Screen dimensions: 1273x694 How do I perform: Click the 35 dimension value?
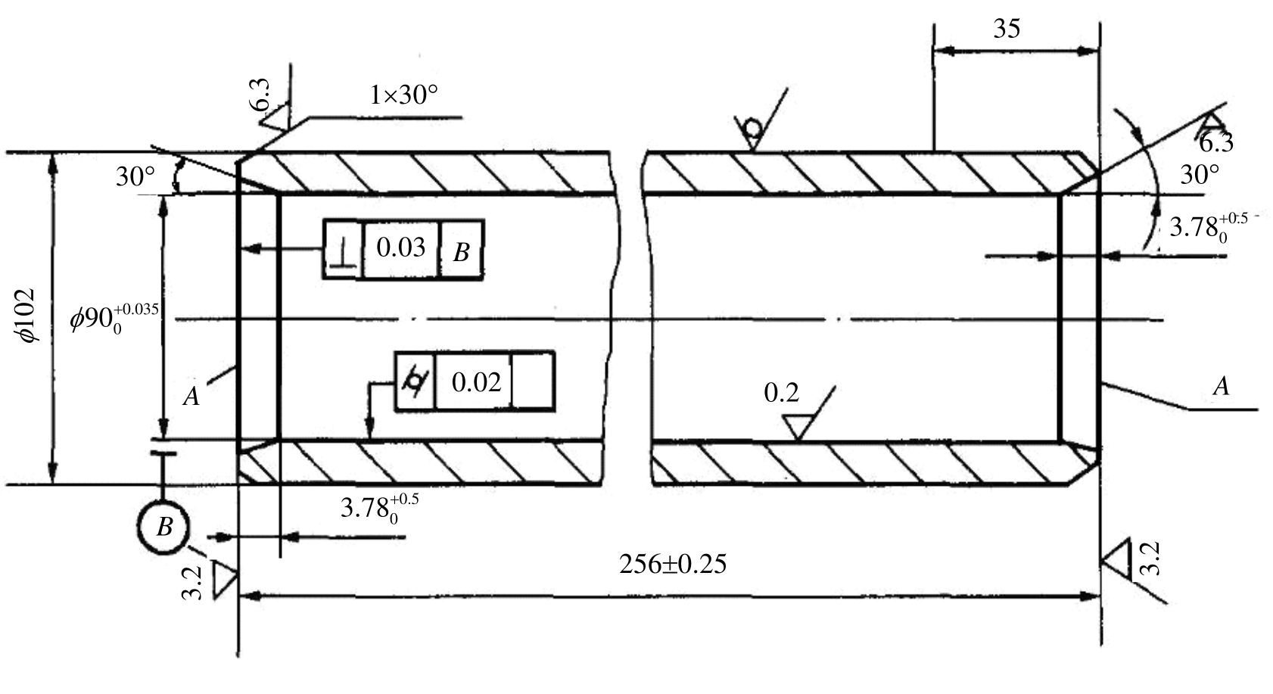(x=1007, y=29)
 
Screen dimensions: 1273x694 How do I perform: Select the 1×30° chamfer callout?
(x=403, y=95)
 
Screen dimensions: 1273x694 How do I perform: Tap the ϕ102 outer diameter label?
(x=27, y=316)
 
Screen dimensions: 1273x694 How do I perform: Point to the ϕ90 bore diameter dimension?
(x=114, y=319)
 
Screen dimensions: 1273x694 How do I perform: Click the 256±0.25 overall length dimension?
(x=673, y=565)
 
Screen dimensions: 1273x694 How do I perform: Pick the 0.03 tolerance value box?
(x=401, y=249)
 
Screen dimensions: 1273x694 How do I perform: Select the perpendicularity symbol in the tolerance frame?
(x=344, y=249)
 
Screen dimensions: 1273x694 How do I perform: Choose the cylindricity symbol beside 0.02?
(x=416, y=381)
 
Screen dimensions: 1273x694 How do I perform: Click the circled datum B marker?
(x=163, y=526)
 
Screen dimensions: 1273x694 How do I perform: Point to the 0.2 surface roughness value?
(x=781, y=393)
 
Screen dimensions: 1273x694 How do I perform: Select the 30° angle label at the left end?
(x=135, y=177)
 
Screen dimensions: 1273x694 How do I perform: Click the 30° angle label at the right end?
(x=1200, y=175)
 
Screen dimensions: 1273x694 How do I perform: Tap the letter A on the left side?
(x=191, y=396)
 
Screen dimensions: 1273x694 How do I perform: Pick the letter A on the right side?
(x=1222, y=387)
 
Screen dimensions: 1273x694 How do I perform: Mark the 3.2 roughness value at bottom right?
(x=1150, y=559)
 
